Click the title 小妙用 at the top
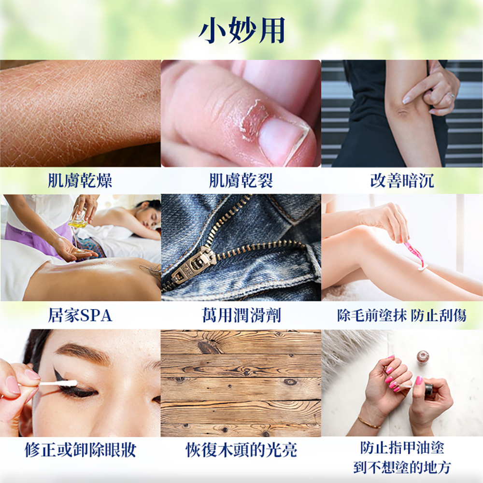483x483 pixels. click(x=242, y=30)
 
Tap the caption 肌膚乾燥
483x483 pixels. click(x=80, y=181)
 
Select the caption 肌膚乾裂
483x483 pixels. click(x=241, y=181)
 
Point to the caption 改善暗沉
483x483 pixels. click(x=402, y=181)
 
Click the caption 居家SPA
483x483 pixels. click(x=80, y=315)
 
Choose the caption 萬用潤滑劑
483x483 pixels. click(x=241, y=315)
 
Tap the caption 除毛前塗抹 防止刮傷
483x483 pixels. click(x=402, y=315)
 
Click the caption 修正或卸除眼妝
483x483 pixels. click(x=80, y=450)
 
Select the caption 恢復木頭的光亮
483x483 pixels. click(x=241, y=450)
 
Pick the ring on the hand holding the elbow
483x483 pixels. click(x=452, y=96)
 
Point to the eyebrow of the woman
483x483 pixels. click(x=83, y=352)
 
